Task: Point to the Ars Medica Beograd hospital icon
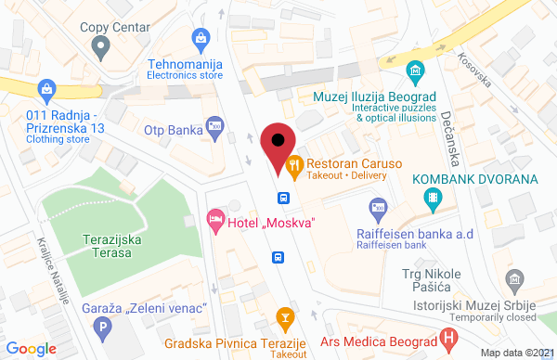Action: coord(449,339)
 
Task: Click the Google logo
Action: coord(32,348)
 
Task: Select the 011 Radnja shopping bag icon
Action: coord(45,90)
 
